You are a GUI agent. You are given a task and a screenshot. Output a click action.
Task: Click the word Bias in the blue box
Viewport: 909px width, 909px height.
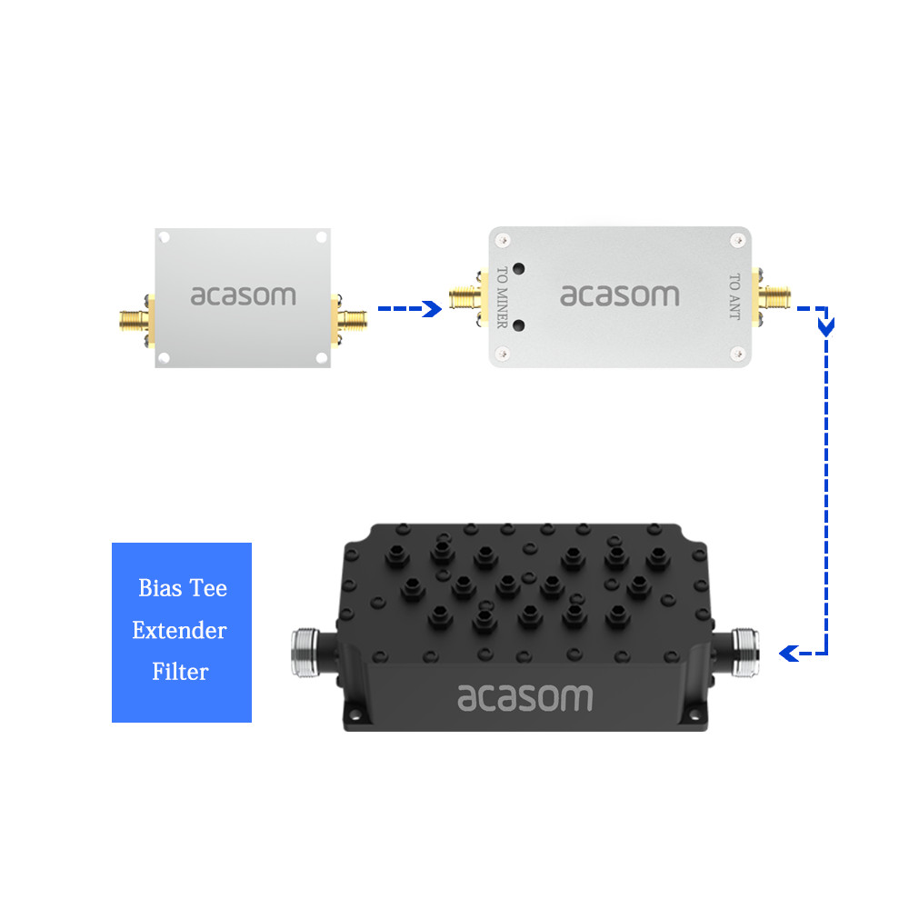coord(159,588)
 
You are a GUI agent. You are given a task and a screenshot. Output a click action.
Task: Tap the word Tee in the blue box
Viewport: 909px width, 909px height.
coord(208,588)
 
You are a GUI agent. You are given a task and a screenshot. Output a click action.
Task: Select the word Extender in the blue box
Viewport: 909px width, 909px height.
coord(179,630)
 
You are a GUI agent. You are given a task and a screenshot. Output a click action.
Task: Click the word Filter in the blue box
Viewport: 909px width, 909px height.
coord(180,672)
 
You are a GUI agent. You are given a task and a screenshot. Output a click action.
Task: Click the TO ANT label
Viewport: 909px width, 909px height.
coord(734,295)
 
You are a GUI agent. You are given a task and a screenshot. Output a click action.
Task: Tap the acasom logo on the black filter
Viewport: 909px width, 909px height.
coord(524,697)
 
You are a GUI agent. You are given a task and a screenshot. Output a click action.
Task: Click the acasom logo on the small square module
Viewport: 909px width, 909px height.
coord(243,295)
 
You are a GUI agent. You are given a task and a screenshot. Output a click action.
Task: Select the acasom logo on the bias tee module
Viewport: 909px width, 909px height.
coord(619,295)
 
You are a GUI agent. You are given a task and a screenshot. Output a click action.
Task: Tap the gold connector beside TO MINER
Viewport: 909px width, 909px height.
coord(465,296)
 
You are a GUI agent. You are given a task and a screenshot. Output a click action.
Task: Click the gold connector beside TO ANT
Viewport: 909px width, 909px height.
coord(774,296)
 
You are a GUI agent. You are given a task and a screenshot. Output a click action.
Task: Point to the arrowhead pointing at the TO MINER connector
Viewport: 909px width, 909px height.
coord(434,309)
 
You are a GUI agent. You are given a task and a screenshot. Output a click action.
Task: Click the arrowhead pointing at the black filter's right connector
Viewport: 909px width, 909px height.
coord(787,653)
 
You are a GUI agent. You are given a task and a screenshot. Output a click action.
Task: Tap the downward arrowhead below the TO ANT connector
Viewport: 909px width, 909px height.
coord(826,326)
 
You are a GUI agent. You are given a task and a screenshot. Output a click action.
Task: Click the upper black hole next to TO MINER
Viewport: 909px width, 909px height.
coord(519,269)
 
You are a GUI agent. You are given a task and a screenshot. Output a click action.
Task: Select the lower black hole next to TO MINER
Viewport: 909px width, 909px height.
coord(519,325)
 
